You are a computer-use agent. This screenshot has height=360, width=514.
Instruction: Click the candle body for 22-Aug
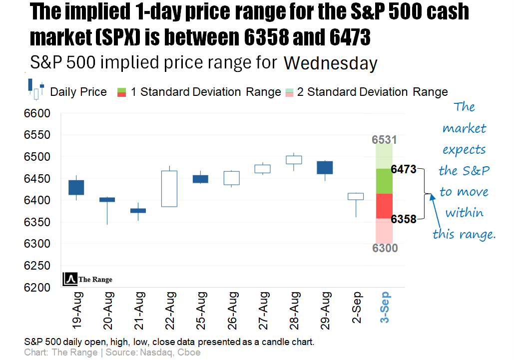point(169,189)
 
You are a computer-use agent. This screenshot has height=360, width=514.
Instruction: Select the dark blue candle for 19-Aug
point(76,187)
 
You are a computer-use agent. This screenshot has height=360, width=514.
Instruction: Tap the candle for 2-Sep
point(356,196)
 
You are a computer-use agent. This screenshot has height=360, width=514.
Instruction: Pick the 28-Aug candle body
point(294,160)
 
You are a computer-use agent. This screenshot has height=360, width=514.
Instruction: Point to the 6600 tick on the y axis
point(37,114)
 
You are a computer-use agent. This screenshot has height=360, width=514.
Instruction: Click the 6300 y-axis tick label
point(37,244)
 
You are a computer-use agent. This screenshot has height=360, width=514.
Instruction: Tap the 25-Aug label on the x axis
point(201,311)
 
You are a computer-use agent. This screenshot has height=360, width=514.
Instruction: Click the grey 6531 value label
point(384,139)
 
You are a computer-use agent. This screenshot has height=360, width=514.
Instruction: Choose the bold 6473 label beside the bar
point(404,170)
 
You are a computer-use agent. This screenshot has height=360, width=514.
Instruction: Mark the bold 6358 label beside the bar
point(404,219)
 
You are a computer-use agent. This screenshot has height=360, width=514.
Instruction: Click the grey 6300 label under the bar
point(384,248)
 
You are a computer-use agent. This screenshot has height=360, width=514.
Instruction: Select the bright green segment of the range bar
point(384,181)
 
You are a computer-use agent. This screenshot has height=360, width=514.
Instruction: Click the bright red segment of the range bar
point(384,206)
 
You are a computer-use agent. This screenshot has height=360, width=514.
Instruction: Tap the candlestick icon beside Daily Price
point(36,89)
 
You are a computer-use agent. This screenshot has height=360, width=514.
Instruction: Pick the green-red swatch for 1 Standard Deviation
point(121,92)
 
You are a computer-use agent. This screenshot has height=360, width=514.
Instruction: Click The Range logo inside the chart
point(88,280)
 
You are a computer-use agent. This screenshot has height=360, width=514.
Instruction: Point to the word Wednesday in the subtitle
point(330,63)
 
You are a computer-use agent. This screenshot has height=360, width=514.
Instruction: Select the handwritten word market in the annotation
point(465,128)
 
